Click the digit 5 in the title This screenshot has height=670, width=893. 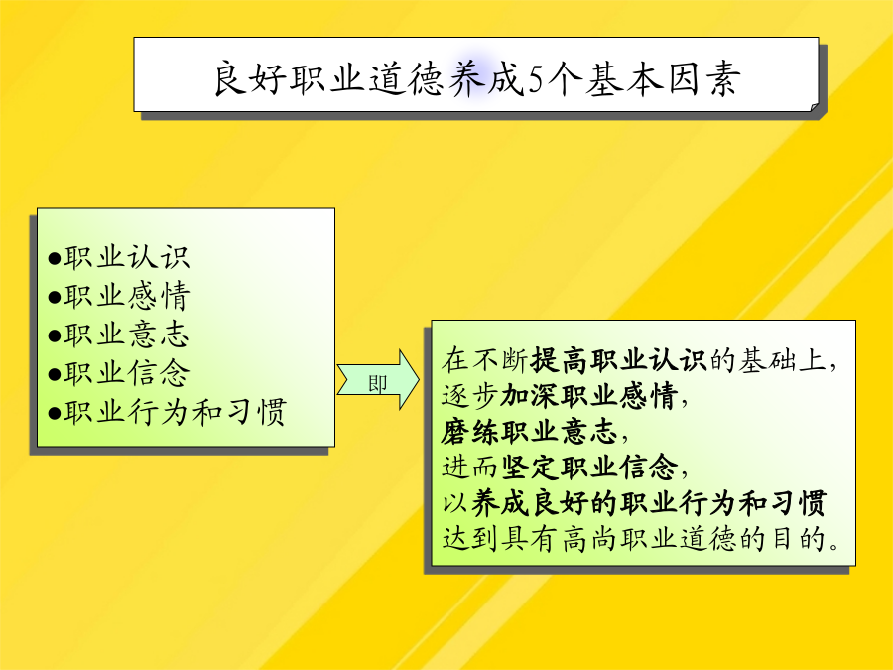click(x=536, y=78)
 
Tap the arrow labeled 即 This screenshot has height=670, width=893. click(x=378, y=379)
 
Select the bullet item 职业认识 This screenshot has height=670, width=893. click(x=126, y=257)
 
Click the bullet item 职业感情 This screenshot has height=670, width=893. click(x=126, y=296)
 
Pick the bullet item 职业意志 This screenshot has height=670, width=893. click(x=126, y=335)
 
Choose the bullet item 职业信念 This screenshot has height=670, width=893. click(x=126, y=373)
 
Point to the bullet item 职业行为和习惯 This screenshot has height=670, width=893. click(x=175, y=412)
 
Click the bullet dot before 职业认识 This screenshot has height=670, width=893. click(x=55, y=259)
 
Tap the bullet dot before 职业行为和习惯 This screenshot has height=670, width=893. click(x=55, y=414)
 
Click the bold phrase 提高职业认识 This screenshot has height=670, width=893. click(x=618, y=360)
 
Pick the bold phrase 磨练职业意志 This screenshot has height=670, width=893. click(x=530, y=432)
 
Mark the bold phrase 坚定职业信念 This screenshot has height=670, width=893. click(x=589, y=468)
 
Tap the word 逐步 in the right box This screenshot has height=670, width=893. click(x=471, y=396)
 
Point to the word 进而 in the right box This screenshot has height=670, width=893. click(x=471, y=468)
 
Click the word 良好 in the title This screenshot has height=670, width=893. click(x=249, y=78)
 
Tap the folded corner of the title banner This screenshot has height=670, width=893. click(x=815, y=107)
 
